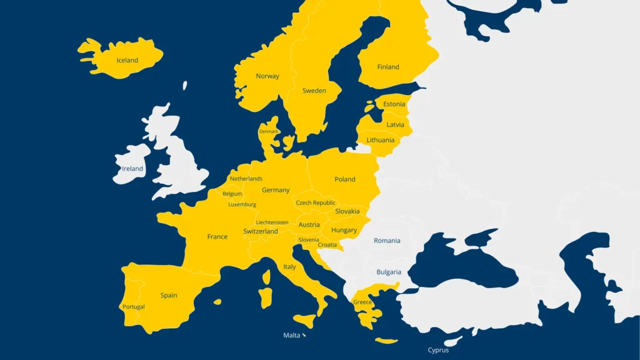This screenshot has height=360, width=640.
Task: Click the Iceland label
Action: click(127, 61)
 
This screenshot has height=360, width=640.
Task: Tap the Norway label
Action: click(267, 76)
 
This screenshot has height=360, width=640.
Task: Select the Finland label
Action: click(388, 67)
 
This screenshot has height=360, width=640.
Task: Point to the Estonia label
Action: click(394, 104)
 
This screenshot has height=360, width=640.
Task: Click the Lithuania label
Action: click(381, 140)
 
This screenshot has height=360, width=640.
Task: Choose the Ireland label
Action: click(132, 169)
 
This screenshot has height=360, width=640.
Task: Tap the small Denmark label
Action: click(269, 132)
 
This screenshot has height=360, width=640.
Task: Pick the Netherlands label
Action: click(246, 179)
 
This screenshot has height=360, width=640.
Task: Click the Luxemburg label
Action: click(242, 204)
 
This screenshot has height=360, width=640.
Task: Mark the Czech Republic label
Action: click(316, 202)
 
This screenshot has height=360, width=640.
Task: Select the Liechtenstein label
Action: click(272, 222)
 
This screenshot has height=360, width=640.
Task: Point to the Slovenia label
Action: click(309, 239)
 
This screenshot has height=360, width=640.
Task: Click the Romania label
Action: click(387, 241)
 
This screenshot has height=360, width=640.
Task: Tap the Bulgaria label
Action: click(389, 272)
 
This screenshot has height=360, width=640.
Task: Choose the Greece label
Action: click(362, 302)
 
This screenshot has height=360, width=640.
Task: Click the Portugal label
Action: click(134, 307)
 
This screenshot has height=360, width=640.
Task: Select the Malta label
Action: click(292, 336)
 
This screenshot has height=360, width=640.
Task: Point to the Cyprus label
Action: click(438, 350)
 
